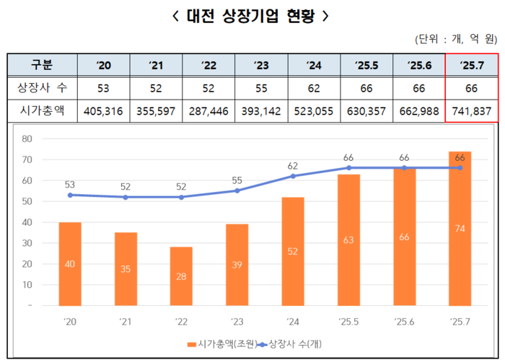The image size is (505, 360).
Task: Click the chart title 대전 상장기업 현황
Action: coord(252,15)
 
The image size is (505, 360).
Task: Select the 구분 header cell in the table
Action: coord(42,65)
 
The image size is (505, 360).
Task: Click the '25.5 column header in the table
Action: coord(366,65)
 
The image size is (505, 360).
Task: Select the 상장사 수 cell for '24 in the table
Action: coord(314,88)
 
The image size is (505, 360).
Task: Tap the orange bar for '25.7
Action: coord(460,229)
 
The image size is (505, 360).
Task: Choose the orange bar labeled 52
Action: coord(293,252)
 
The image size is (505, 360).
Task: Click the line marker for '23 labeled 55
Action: coord(237,190)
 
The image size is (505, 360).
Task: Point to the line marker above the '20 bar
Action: coord(69,195)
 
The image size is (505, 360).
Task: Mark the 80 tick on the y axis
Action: coord(27,139)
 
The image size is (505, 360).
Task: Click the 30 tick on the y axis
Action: coord(27,243)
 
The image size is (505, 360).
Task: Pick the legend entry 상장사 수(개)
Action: coord(289,344)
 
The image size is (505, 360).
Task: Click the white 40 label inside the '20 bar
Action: coord(69,264)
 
